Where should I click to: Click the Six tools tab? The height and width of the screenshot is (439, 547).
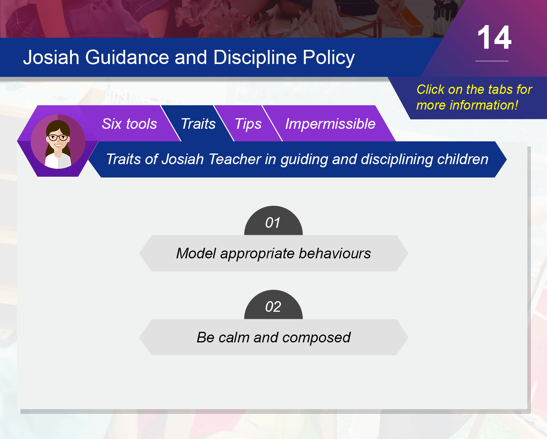pos(129,124)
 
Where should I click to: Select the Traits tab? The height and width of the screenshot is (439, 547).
pos(198,124)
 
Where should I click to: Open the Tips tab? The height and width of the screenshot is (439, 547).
pos(248,124)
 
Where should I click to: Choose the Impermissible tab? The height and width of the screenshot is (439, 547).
pos(330,124)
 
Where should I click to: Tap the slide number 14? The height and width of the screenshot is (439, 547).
pos(494,38)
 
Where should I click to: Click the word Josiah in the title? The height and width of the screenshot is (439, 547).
pos(51,57)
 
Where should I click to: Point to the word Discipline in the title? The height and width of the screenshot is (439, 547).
pos(255,57)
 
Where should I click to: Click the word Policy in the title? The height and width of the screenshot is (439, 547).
pos(328,58)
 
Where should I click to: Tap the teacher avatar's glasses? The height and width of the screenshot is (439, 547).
pos(58,138)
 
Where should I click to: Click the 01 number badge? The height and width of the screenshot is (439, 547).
pos(273,221)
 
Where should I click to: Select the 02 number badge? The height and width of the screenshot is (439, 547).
pos(273,305)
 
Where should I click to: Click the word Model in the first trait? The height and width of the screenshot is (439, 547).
pos(196,253)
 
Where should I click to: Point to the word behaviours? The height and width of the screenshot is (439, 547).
pos(335,253)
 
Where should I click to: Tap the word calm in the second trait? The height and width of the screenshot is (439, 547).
pos(234,337)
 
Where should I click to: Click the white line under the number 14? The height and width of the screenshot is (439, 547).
pos(492,61)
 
